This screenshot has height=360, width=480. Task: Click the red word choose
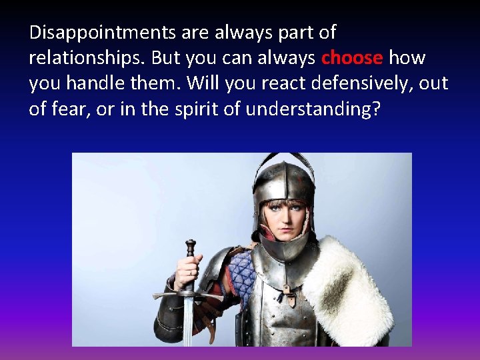[x=352, y=59]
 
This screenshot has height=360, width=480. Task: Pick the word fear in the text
[x=69, y=109]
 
